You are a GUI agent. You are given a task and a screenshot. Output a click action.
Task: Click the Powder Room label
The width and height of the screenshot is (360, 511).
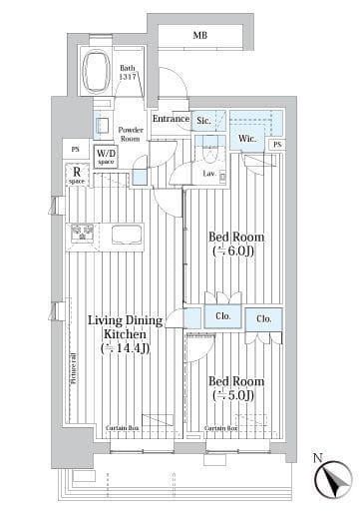(x=132, y=135)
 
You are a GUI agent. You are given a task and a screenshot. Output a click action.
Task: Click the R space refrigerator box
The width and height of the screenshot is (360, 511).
(x=76, y=176)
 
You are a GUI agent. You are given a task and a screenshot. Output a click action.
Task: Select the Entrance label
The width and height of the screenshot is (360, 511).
(x=171, y=119)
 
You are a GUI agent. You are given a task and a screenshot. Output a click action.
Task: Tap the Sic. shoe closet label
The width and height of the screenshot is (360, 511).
(x=204, y=121)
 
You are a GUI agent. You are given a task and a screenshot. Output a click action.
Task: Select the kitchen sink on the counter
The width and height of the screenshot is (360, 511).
(x=127, y=235)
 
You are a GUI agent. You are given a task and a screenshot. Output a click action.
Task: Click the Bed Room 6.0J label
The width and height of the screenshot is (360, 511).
(x=234, y=245)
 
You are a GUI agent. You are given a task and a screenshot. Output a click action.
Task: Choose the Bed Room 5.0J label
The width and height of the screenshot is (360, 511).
(x=235, y=386)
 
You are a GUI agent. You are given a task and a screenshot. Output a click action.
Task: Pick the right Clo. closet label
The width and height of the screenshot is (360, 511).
(x=263, y=319)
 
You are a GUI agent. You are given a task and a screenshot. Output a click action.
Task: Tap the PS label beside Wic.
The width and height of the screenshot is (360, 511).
(x=276, y=144)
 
